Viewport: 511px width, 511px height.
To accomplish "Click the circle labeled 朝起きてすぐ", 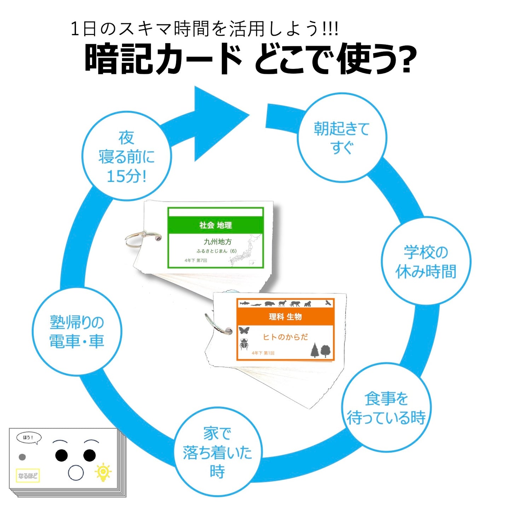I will click(342, 138).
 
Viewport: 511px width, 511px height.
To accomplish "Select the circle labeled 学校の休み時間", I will click(426, 262).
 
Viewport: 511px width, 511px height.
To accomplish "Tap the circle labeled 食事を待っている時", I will click(386, 408).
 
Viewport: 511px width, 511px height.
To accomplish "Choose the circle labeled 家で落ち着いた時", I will click(217, 452).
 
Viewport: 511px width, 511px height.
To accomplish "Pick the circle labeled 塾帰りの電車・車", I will click(77, 331).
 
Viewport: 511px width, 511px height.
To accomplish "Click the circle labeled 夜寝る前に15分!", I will click(126, 157).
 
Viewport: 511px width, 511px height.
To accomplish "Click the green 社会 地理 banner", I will click(215, 225).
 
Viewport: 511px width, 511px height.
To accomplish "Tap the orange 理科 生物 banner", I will click(285, 317).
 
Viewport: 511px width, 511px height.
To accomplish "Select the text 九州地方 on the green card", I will click(217, 242).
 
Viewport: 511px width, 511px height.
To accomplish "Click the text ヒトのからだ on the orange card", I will click(285, 337).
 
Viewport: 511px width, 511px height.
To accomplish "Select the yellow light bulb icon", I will click(103, 472).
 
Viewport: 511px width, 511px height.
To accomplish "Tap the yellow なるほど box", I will click(28, 476).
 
